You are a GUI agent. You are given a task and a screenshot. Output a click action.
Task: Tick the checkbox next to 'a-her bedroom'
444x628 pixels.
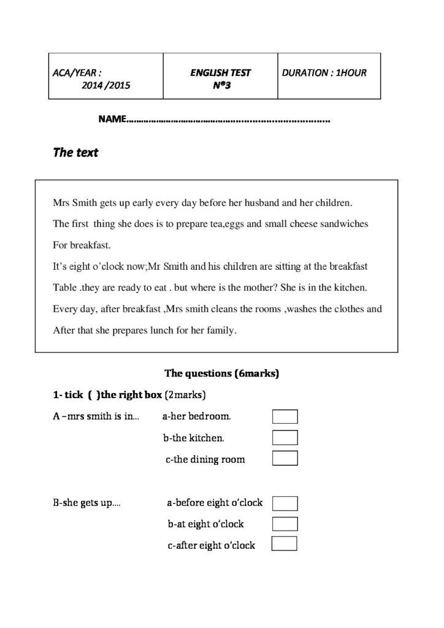pyautogui.click(x=285, y=417)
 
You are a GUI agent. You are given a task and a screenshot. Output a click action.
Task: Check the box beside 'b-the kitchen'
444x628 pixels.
pyautogui.click(x=285, y=438)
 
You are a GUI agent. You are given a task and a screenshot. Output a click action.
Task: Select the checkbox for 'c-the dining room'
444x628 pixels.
pyautogui.click(x=285, y=459)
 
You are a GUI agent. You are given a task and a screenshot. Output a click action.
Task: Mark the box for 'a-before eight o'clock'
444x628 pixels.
pyautogui.click(x=285, y=504)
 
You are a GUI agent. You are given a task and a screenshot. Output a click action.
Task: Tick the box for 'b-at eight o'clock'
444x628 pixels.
pyautogui.click(x=285, y=524)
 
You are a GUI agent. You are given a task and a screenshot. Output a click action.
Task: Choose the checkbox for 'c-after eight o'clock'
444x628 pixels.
pyautogui.click(x=284, y=544)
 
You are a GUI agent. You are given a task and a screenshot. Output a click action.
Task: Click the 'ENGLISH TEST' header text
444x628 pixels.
pyautogui.click(x=220, y=73)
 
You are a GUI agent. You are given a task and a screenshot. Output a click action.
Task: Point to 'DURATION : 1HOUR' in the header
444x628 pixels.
pyautogui.click(x=324, y=73)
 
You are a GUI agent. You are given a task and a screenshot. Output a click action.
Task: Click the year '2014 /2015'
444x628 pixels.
pyautogui.click(x=105, y=86)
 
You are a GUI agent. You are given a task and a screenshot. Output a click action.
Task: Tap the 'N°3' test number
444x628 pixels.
pyautogui.click(x=221, y=86)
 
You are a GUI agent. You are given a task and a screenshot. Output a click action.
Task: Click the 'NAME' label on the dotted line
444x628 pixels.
pyautogui.click(x=112, y=118)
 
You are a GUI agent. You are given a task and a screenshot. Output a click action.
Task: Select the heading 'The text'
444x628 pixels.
pyautogui.click(x=75, y=153)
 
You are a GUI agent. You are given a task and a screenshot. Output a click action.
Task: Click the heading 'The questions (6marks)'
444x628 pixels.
pyautogui.click(x=222, y=373)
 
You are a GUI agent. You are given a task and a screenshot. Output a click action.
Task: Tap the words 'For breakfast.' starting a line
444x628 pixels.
pyautogui.click(x=82, y=245)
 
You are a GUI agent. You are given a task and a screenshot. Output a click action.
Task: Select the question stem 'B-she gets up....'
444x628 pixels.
pyautogui.click(x=86, y=504)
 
